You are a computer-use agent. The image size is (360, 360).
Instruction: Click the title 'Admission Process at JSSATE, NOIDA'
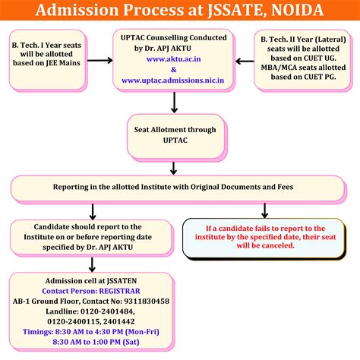pyautogui.click(x=180, y=11)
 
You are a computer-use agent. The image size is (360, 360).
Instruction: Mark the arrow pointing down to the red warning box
pyautogui.click(x=264, y=210)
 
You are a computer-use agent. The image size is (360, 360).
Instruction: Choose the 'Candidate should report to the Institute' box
pyautogui.click(x=88, y=237)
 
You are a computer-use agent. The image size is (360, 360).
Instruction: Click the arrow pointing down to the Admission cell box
pyautogui.click(x=92, y=263)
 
